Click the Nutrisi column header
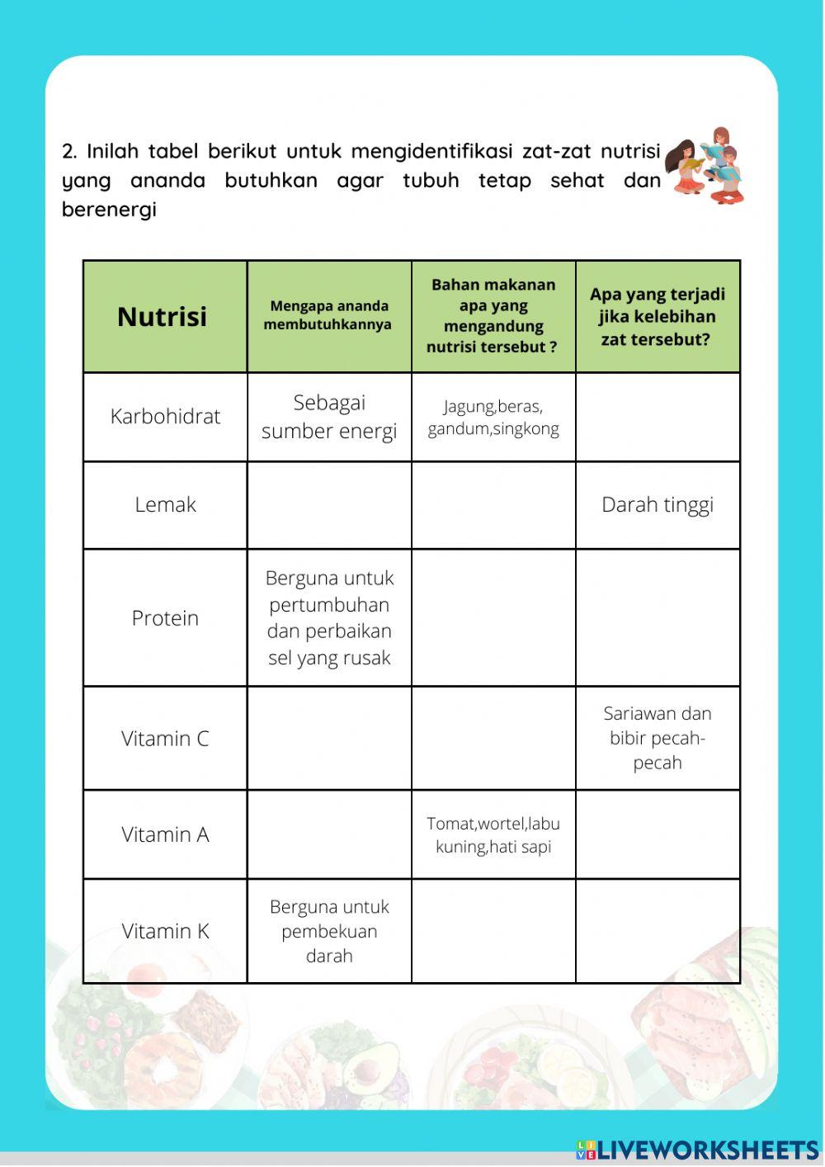pos(163,316)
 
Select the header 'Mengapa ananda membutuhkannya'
pos(328,315)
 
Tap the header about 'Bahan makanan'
pos(493,315)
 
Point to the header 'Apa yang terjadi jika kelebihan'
pos(657,316)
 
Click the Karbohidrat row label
pos(165,416)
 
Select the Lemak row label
pos(165,504)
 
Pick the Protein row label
pos(165,617)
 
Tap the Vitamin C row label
pos(165,738)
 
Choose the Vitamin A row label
pos(165,834)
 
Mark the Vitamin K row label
pos(165,931)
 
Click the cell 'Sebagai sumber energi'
pos(328,416)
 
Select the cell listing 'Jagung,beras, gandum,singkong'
pos(493,417)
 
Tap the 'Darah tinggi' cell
pos(657,504)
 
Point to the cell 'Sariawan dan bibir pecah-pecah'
pos(657,737)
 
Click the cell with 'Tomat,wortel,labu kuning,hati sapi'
pos(493,834)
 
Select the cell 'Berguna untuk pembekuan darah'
pos(328,931)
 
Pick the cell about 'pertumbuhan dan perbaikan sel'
pos(328,617)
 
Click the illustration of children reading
pos(707,166)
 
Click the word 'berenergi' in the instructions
pos(109,210)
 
